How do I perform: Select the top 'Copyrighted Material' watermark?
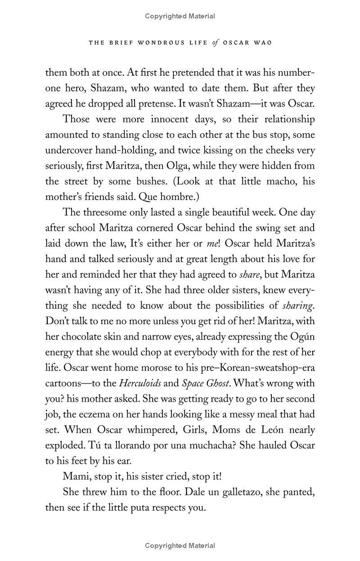point(180,16)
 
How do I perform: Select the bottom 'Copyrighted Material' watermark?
point(180,546)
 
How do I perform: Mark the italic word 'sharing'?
point(297,306)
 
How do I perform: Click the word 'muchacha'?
point(211,445)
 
